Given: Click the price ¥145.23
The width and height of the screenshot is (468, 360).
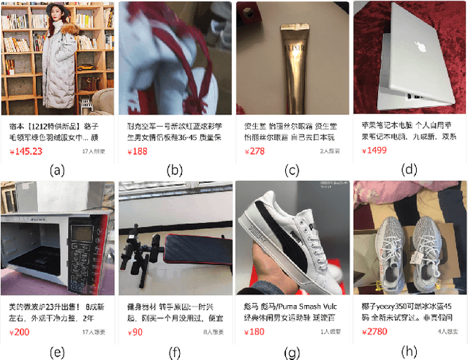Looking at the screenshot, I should click(x=26, y=151).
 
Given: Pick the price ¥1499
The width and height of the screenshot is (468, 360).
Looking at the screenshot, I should click(x=374, y=151).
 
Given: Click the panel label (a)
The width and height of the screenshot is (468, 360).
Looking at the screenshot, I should click(x=57, y=171).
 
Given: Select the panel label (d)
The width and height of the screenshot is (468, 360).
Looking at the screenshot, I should click(x=409, y=170).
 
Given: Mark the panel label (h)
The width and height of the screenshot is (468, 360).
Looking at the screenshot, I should click(x=409, y=350).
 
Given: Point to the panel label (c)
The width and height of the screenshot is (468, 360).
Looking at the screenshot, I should click(x=292, y=171).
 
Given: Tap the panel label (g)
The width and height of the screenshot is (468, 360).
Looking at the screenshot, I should click(x=292, y=350).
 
